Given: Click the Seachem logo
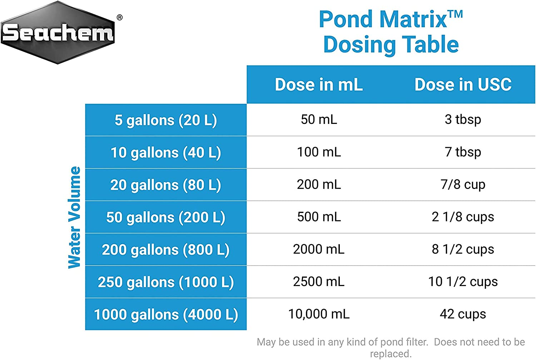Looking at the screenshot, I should click(58, 32).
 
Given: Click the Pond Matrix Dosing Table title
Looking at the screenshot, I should click(391, 32).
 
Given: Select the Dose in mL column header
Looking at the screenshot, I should click(319, 85).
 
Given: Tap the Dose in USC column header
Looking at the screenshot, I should click(463, 85).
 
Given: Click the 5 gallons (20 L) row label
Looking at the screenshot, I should click(166, 120).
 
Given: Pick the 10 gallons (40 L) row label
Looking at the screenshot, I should click(166, 152).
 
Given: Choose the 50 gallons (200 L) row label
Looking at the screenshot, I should click(166, 217).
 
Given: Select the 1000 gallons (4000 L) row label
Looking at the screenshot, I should click(166, 314).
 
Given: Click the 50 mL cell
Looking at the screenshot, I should click(319, 119).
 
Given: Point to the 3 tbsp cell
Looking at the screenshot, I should click(463, 119).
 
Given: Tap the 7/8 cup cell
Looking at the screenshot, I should click(463, 184).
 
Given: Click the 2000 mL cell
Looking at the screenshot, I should click(319, 249).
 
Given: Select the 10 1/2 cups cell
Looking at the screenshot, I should click(463, 281).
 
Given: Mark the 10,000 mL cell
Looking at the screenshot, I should click(319, 314).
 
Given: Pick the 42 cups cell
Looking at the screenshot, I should click(463, 314).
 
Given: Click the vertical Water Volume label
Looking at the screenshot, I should click(74, 217).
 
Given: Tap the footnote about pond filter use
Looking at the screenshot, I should click(391, 347).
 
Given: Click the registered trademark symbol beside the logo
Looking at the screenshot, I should click(120, 17).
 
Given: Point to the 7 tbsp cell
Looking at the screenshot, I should click(463, 152).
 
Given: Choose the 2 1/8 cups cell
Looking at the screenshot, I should click(463, 217).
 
